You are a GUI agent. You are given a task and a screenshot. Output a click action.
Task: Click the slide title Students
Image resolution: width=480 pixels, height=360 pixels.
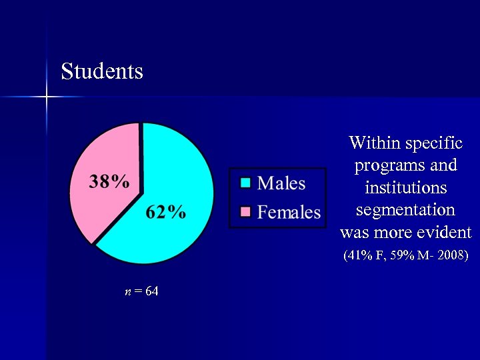click(102, 71)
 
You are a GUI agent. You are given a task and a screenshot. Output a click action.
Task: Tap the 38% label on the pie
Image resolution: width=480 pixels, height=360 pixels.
click(109, 182)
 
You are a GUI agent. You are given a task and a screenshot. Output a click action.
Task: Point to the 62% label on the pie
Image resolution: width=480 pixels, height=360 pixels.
click(166, 212)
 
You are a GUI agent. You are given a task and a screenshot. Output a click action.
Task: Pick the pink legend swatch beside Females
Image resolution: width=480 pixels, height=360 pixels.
click(245, 212)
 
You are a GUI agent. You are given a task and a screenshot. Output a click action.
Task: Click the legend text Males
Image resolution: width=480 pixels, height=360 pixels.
click(281, 183)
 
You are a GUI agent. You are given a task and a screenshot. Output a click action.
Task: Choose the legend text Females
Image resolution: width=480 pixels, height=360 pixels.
click(289, 212)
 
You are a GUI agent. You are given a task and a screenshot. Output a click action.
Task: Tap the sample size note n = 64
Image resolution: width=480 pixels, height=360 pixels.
click(141, 291)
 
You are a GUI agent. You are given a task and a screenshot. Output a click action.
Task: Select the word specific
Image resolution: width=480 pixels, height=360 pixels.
click(433, 143)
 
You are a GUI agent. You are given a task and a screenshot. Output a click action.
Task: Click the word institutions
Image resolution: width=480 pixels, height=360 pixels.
click(405, 187)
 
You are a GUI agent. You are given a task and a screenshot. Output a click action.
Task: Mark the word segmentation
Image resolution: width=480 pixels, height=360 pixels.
click(405, 210)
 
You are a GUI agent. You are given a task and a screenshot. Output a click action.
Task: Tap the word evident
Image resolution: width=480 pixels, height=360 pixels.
click(442, 233)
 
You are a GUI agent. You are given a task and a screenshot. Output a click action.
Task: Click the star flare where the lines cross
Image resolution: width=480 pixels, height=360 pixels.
click(47, 97)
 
